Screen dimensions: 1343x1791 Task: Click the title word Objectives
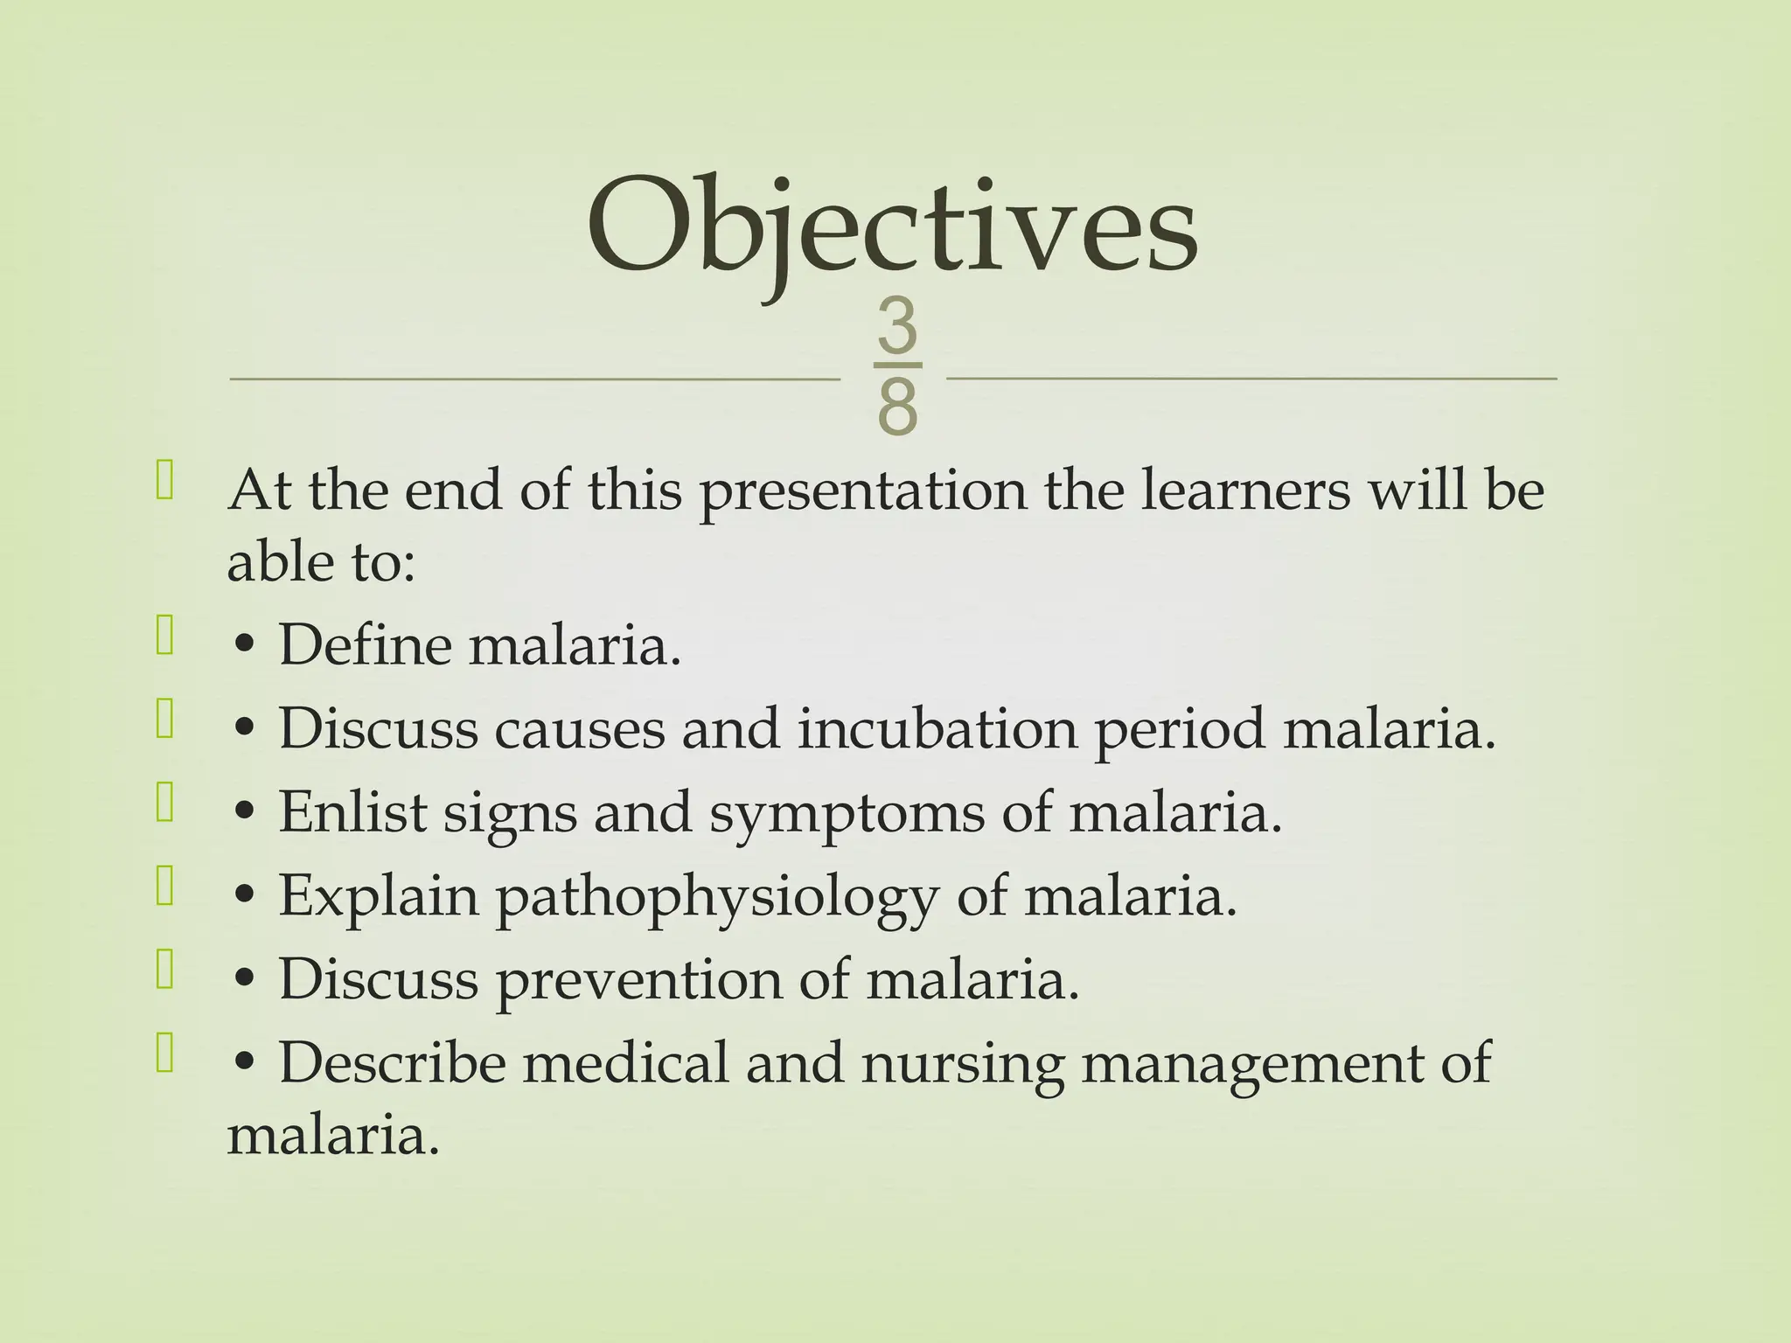point(892,229)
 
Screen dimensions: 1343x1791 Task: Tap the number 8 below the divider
point(897,407)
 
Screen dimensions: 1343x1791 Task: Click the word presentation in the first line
point(864,491)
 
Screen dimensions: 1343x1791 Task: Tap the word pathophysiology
point(716,898)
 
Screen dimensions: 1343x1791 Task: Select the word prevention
point(638,980)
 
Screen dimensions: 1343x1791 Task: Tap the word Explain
point(379,897)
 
